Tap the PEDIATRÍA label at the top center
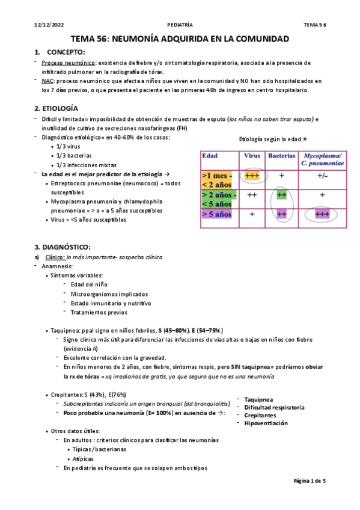[180, 25]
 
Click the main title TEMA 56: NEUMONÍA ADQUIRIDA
[180, 38]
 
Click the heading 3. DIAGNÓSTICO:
[63, 247]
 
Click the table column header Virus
[251, 156]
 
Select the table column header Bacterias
[281, 156]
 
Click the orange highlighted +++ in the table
[252, 176]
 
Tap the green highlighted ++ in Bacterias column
[281, 195]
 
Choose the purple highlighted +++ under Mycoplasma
[322, 214]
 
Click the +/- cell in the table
[322, 176]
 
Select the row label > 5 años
[218, 214]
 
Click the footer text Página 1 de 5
[309, 481]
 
